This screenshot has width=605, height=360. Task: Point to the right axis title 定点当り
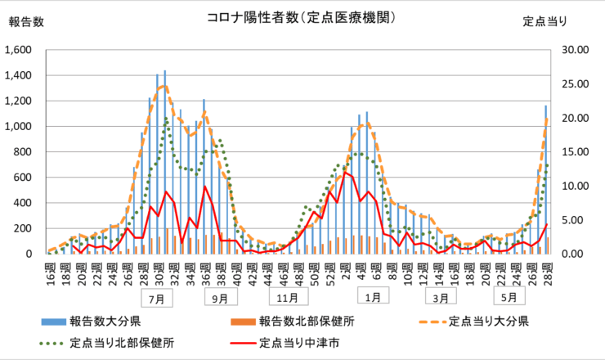[x=544, y=22]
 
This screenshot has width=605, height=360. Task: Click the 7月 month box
[x=155, y=298]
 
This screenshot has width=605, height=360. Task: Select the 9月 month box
[x=219, y=298]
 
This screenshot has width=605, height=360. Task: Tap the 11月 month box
[x=286, y=298]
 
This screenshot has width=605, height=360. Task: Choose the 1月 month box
[x=374, y=298]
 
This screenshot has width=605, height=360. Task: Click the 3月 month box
[x=440, y=298]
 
